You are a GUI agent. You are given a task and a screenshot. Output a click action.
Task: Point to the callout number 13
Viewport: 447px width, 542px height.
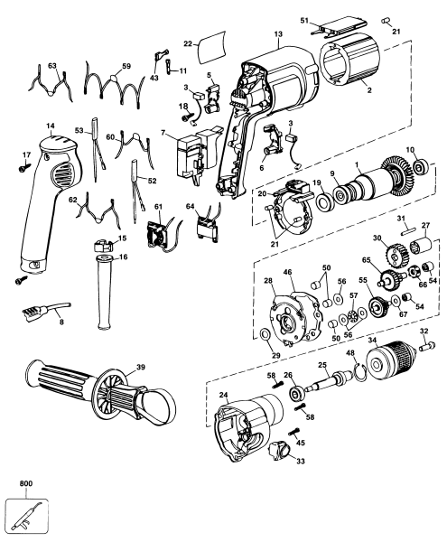[278, 33]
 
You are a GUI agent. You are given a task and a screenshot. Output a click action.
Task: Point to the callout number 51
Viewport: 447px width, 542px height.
[304, 20]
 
